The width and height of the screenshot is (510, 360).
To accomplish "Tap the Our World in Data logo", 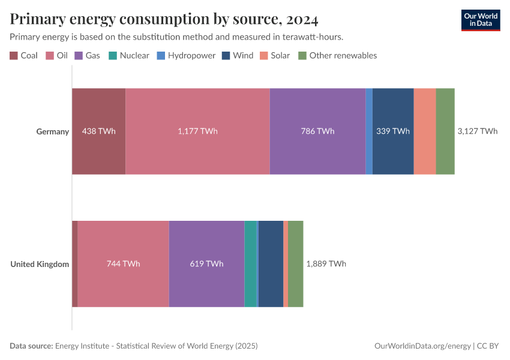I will click(480, 20).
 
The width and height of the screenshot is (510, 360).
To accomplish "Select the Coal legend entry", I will click(24, 55).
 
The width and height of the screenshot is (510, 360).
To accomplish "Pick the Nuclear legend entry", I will click(128, 55).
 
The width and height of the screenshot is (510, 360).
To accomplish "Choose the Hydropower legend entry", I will click(183, 55).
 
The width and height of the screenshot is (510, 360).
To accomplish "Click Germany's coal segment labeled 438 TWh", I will click(99, 131).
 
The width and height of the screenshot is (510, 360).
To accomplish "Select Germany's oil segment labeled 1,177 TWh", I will click(197, 131).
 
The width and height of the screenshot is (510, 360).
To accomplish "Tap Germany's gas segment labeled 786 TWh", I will click(317, 131).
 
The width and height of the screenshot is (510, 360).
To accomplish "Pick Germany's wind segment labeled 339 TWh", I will click(393, 131).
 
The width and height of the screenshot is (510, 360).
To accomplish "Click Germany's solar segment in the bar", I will click(425, 131).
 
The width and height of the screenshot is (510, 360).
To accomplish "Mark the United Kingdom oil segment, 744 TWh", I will click(123, 264).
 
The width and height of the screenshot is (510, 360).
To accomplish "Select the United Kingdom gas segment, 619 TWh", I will click(206, 264).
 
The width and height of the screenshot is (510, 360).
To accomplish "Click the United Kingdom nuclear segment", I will click(250, 264).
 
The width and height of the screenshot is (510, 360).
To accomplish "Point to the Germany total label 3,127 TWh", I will click(477, 131).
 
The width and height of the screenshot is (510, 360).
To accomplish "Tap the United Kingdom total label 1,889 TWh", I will click(326, 264).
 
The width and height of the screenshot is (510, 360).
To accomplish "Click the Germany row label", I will click(52, 131).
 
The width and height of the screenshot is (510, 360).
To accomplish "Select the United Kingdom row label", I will click(40, 264).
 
